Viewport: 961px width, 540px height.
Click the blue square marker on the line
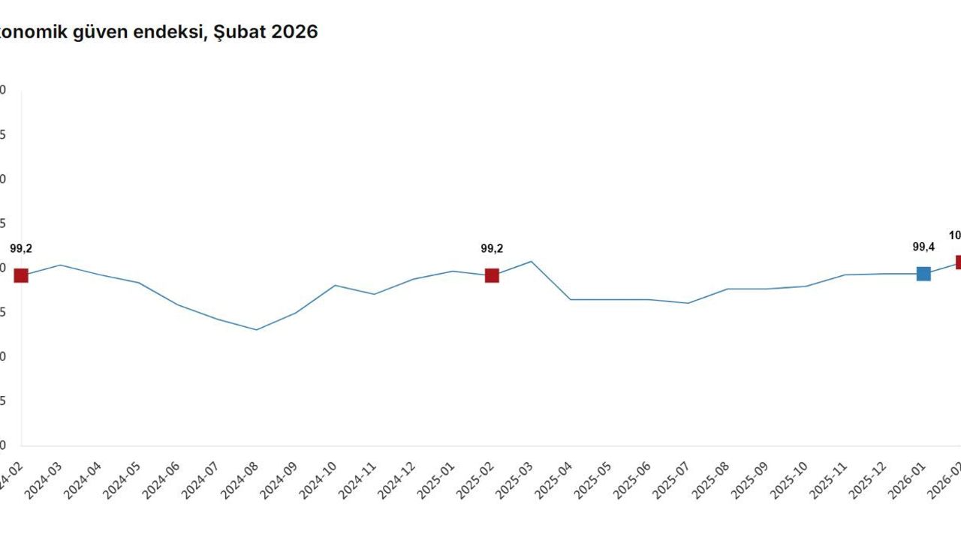click(923, 274)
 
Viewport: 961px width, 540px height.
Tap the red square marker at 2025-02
click(492, 275)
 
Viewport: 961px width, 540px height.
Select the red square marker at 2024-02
click(21, 275)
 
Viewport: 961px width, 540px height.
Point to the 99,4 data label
click(923, 246)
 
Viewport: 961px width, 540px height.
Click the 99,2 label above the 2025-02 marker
click(492, 248)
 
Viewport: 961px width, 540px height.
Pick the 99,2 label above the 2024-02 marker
click(21, 248)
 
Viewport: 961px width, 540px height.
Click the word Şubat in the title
click(239, 32)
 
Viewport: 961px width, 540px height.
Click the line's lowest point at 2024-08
click(256, 330)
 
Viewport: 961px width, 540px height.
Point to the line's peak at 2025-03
click(531, 261)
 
